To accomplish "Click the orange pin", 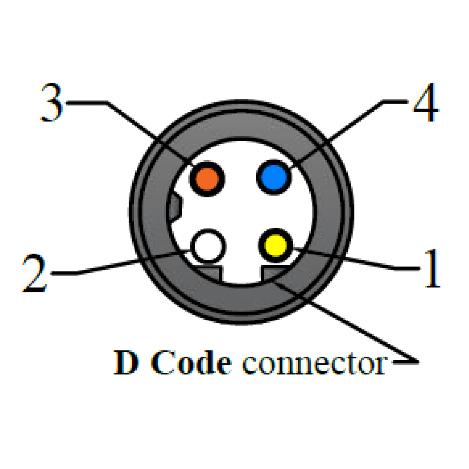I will [x=207, y=179].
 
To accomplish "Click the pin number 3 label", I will [x=52, y=102].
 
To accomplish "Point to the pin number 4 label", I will [x=426, y=102].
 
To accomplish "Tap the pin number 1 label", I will [x=432, y=269].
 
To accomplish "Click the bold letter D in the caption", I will [x=126, y=363].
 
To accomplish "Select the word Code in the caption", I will [x=192, y=363].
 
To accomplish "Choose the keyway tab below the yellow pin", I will [x=276, y=272].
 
